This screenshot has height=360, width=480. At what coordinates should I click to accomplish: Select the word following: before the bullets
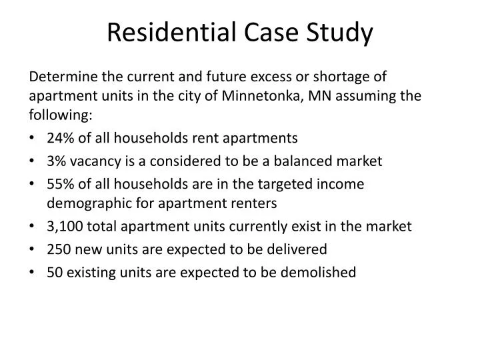pos(60,114)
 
